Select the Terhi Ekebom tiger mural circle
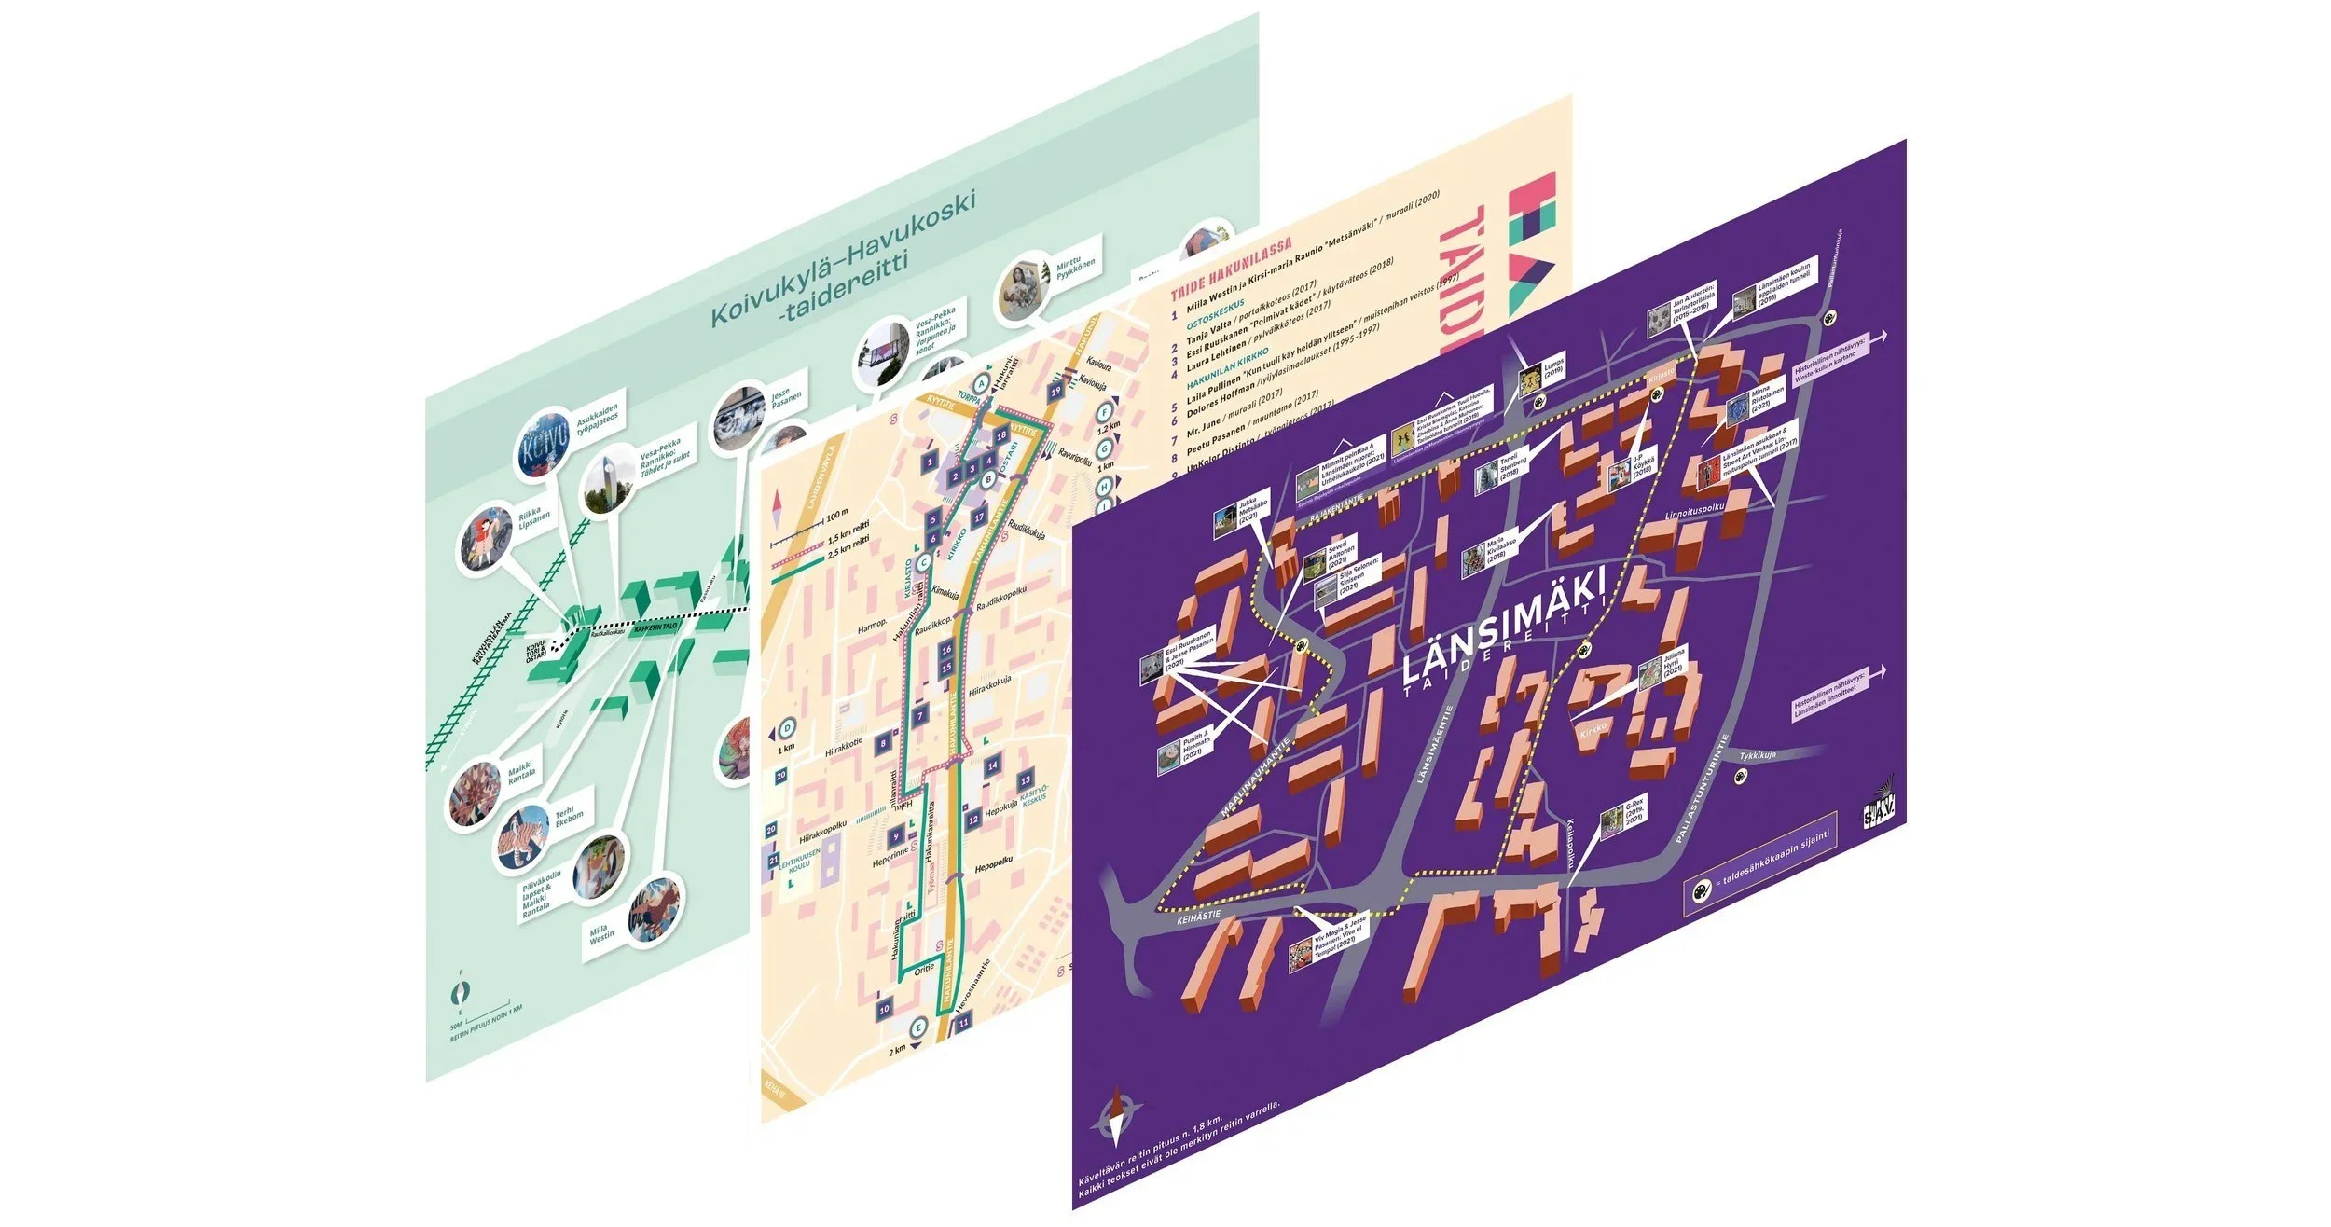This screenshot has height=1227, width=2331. click(x=523, y=838)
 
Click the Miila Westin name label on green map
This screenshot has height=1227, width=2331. click(x=601, y=932)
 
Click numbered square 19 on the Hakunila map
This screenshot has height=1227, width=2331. click(x=1055, y=392)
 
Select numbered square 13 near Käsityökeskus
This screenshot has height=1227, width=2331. click(x=1026, y=780)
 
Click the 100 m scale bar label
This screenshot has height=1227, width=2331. click(x=836, y=514)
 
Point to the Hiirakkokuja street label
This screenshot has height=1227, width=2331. click(x=989, y=692)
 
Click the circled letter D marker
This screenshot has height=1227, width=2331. click(x=788, y=727)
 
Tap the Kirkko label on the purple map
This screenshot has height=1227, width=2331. click(x=1593, y=731)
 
